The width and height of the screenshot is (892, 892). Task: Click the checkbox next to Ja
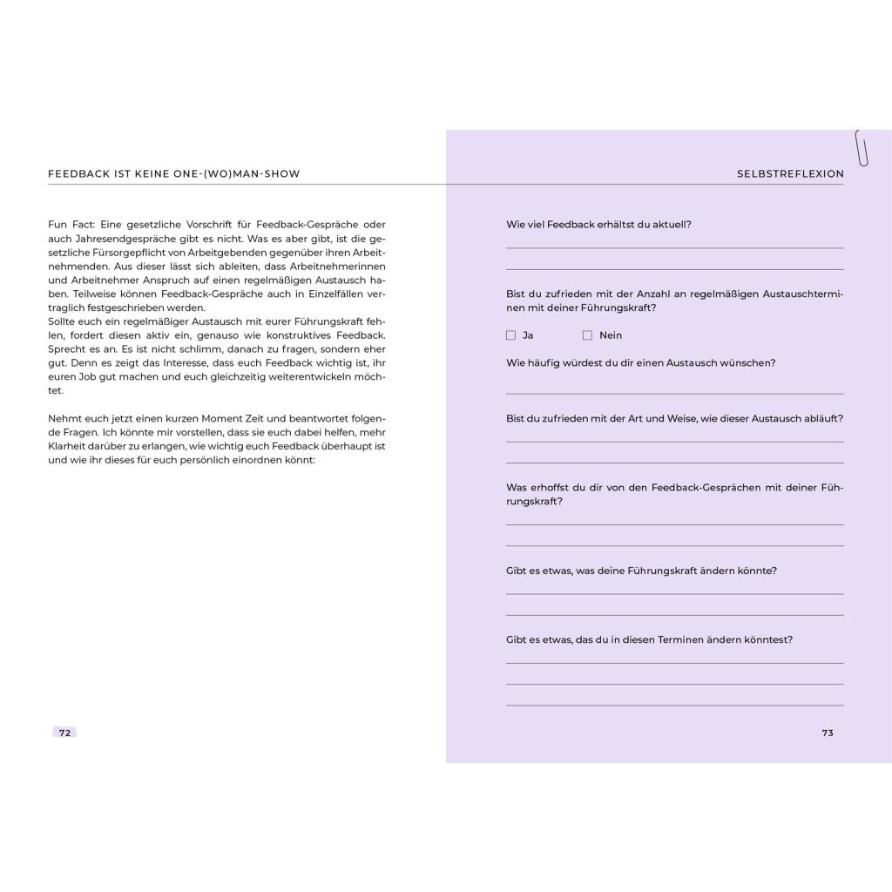pyautogui.click(x=510, y=335)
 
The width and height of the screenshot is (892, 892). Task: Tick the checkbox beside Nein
pyautogui.click(x=587, y=335)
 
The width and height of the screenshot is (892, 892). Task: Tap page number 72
pyautogui.click(x=64, y=733)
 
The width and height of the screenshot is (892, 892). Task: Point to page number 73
pyautogui.click(x=828, y=733)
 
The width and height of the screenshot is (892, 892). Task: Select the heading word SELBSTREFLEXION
pyautogui.click(x=790, y=174)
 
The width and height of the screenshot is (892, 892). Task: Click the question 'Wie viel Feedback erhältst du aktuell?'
pyautogui.click(x=598, y=225)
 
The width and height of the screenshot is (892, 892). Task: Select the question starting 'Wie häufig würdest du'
pyautogui.click(x=640, y=363)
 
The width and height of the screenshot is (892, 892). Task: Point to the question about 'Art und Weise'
pyautogui.click(x=674, y=419)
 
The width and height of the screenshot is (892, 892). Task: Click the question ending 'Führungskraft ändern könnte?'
pyautogui.click(x=641, y=571)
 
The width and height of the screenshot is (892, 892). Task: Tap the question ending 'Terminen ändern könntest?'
pyautogui.click(x=649, y=639)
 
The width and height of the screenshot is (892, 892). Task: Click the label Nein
pyautogui.click(x=611, y=335)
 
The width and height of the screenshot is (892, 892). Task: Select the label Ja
pyautogui.click(x=528, y=335)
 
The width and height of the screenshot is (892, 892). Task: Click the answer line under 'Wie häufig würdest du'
pyautogui.click(x=674, y=393)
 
